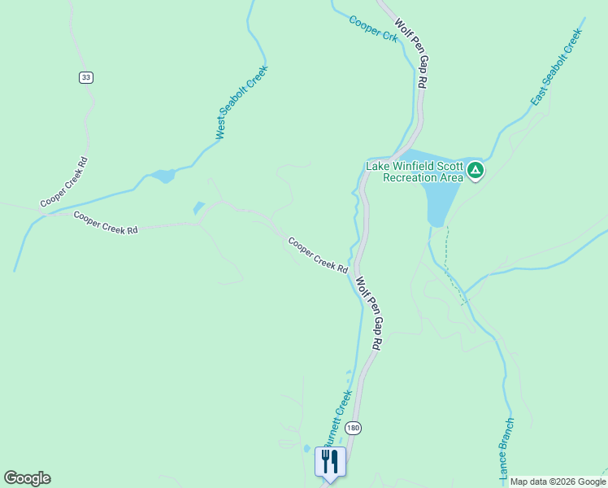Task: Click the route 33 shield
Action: [x=86, y=77]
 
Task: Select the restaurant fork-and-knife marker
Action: [x=330, y=462]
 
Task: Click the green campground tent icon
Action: [x=476, y=171]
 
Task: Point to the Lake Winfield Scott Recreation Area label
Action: [x=414, y=172]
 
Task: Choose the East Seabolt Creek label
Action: [x=558, y=68]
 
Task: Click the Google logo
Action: [x=27, y=478]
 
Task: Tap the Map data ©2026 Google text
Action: [x=557, y=481]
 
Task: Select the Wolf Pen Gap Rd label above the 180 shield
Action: [x=368, y=313]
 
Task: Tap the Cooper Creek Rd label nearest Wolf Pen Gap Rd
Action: [x=318, y=255]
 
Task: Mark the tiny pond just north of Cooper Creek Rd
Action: [x=198, y=209]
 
